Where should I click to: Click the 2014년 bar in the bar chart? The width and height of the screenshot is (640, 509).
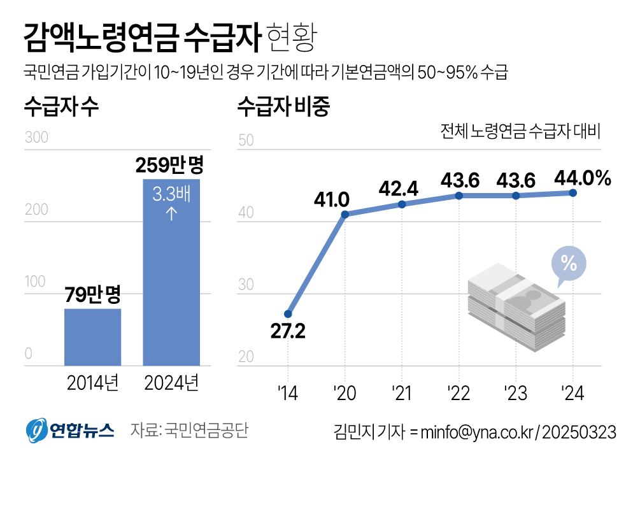(x=92, y=337)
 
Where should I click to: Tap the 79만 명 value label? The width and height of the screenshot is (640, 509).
(x=93, y=295)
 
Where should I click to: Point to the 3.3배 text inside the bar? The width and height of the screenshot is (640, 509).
(x=171, y=194)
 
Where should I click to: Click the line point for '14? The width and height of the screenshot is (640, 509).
(x=288, y=314)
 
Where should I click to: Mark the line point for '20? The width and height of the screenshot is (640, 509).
(x=345, y=214)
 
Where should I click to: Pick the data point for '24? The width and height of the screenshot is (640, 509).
(x=572, y=192)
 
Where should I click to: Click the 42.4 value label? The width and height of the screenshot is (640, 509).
(x=398, y=189)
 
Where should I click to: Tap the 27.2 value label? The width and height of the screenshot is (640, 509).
(x=288, y=333)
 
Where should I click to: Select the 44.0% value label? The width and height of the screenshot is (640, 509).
(x=582, y=178)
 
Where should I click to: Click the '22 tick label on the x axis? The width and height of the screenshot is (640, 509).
(x=459, y=393)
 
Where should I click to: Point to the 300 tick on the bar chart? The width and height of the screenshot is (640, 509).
(x=36, y=138)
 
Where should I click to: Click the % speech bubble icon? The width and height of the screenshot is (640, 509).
(x=568, y=262)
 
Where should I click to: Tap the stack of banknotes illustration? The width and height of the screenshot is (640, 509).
(x=516, y=303)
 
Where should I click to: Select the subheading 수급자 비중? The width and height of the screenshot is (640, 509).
(x=283, y=107)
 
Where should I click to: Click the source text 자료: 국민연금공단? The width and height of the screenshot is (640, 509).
(x=188, y=431)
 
